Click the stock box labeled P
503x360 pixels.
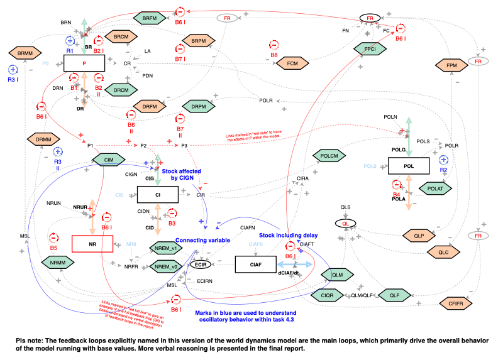point(83,63)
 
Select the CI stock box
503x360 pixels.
point(158,195)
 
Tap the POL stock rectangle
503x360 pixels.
point(408,166)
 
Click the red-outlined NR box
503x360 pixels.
point(92,243)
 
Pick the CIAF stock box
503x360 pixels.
point(255,265)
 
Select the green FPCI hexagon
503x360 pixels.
point(365,48)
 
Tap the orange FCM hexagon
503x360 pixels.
point(292,63)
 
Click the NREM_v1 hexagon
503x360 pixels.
point(167,247)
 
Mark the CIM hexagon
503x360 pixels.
point(108,161)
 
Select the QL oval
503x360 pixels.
point(345,223)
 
